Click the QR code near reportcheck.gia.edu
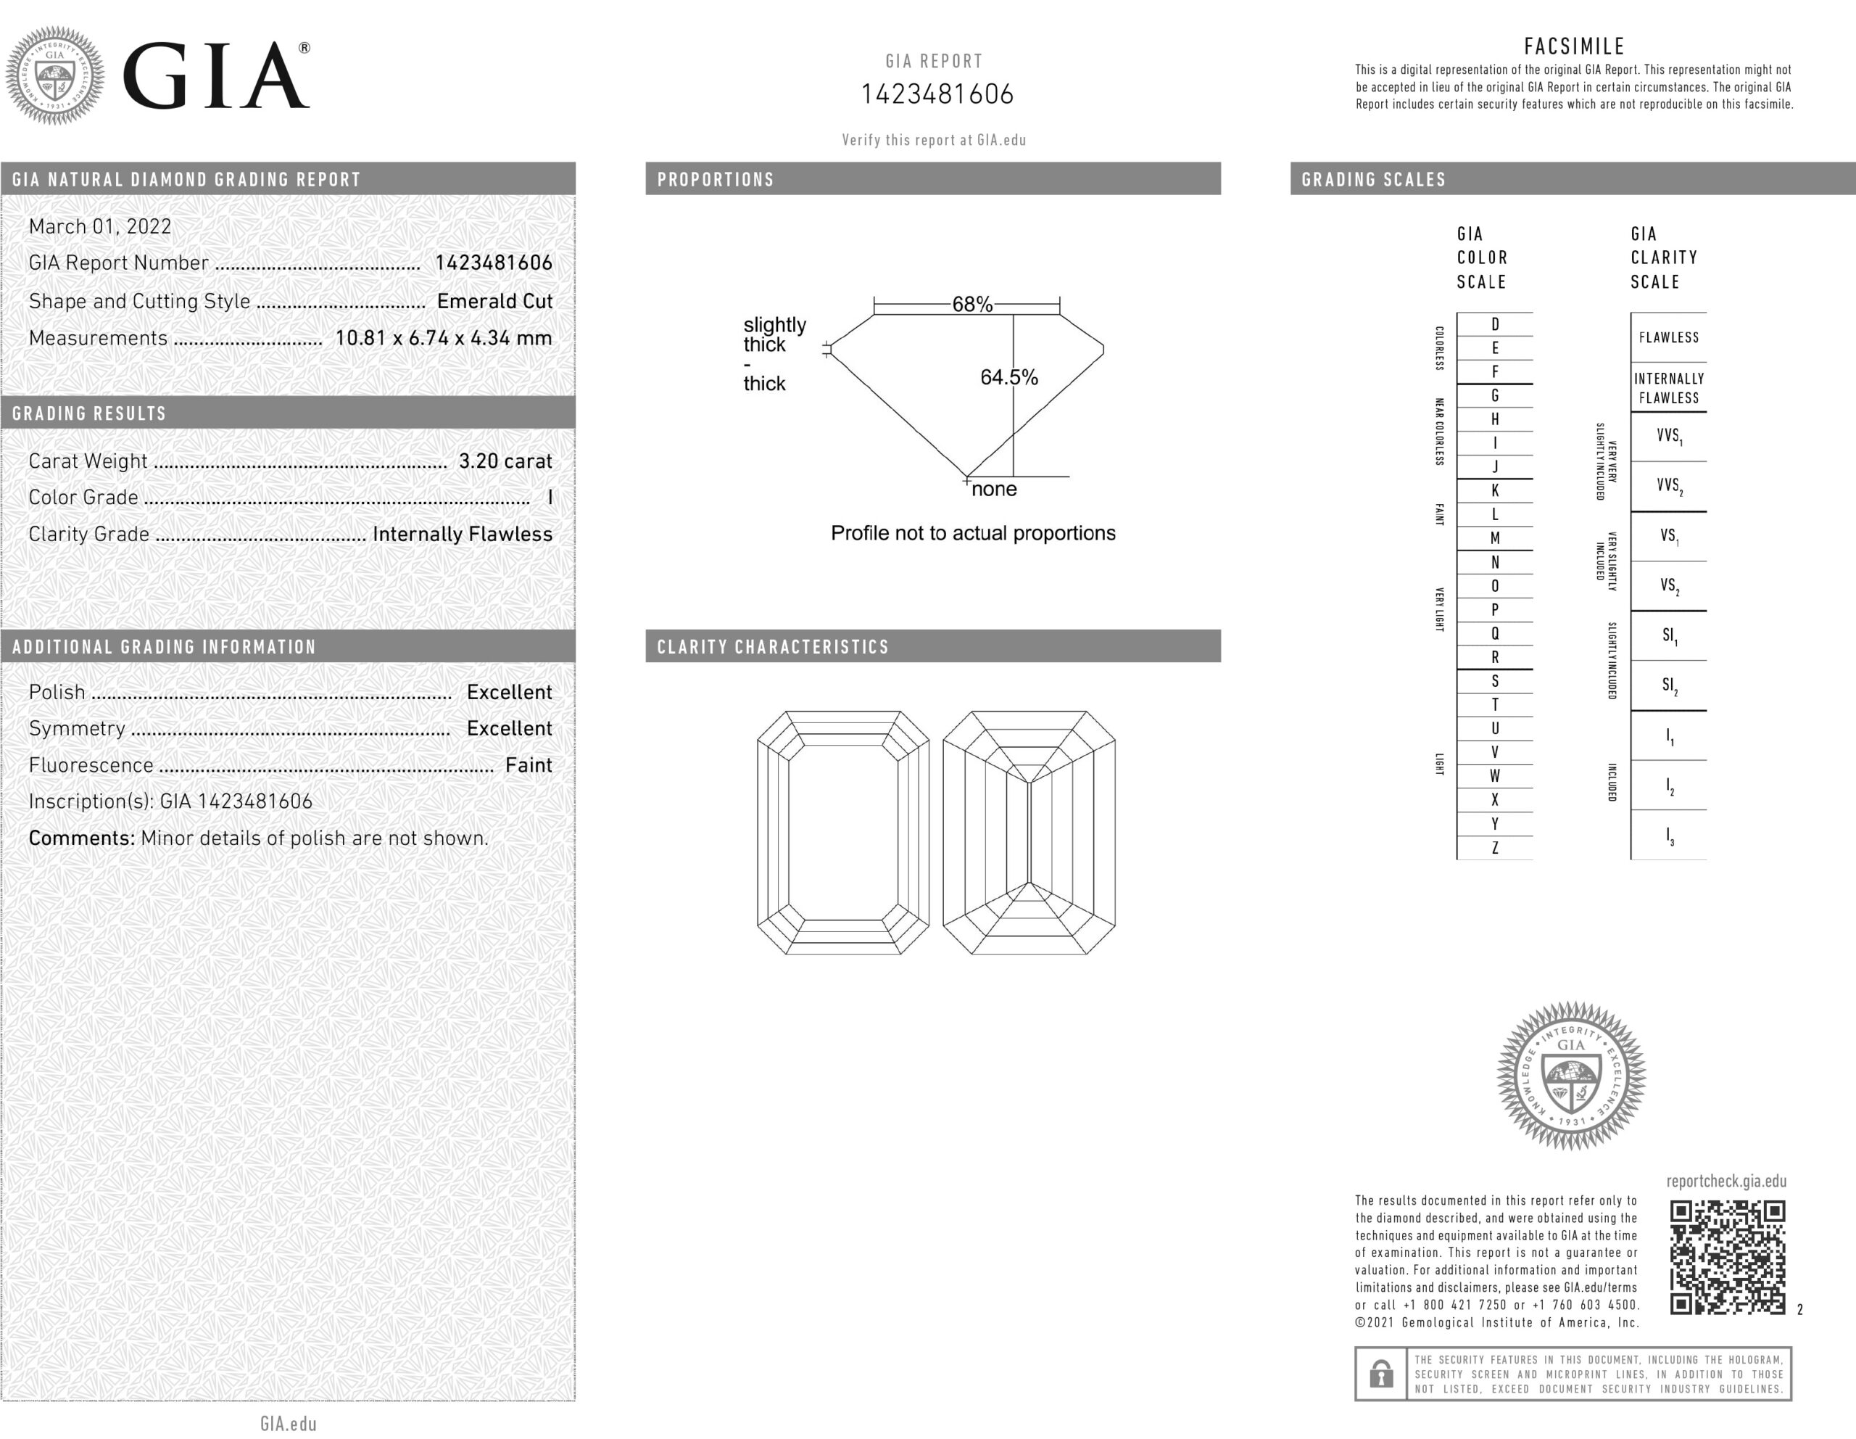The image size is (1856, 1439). point(1727,1257)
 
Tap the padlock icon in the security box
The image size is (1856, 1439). point(1381,1374)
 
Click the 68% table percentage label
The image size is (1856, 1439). point(972,305)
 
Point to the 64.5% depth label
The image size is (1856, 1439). point(1008,377)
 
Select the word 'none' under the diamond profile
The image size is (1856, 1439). point(993,490)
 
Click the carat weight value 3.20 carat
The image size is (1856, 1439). point(505,461)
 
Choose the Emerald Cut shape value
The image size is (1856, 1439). point(494,301)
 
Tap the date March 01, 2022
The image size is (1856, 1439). point(100,226)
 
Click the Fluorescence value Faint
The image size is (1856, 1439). point(529,765)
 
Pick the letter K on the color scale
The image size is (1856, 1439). point(1495,490)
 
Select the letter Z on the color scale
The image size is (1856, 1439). point(1495,847)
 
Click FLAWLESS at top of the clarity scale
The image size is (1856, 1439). point(1668,337)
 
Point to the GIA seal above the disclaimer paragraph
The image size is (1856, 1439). point(1571,1075)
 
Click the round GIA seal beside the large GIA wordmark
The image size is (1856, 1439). point(55,75)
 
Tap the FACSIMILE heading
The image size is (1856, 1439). point(1574,46)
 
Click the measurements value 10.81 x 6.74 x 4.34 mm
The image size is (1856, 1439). point(443,337)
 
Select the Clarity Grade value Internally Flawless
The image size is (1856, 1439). point(463,534)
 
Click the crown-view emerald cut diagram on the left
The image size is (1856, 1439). point(843,833)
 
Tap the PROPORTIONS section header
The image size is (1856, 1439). point(716,179)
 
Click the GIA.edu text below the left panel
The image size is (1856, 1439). point(288,1424)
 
